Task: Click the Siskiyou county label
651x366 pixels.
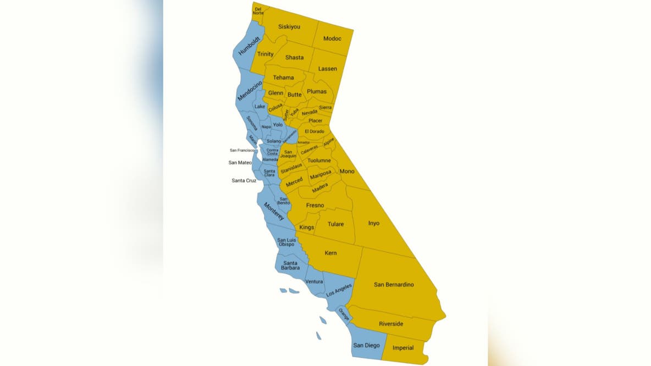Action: tap(289, 26)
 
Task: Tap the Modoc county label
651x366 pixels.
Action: tap(332, 38)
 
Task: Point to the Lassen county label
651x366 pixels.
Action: tap(327, 69)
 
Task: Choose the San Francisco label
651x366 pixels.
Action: tap(242, 150)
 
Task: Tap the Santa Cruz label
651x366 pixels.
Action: tap(244, 180)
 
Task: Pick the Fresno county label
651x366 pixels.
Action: tap(315, 206)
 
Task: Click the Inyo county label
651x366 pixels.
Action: tap(374, 223)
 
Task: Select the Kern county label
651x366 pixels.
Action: tap(330, 253)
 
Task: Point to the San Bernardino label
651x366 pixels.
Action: tap(394, 285)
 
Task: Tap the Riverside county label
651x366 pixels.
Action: tap(391, 324)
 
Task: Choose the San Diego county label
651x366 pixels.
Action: tap(366, 345)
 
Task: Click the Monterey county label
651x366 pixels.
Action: tap(274, 212)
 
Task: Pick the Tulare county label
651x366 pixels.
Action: tap(335, 224)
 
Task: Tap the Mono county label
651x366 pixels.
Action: tap(347, 171)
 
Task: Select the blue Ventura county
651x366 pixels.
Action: tap(314, 282)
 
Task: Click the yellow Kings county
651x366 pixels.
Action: tap(307, 228)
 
